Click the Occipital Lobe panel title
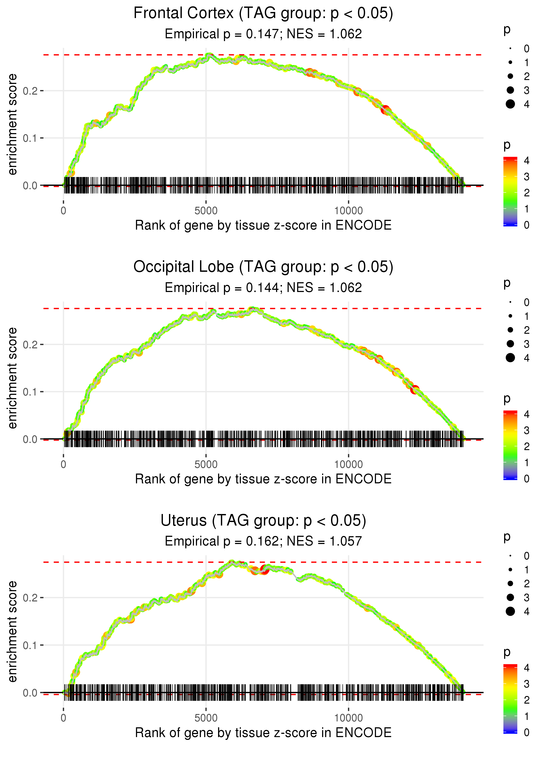click(x=263, y=267)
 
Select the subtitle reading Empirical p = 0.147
click(x=263, y=34)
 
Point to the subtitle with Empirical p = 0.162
click(x=263, y=541)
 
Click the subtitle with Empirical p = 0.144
click(x=263, y=288)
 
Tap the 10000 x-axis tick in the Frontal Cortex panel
click(x=348, y=211)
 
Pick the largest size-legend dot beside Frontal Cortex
click(x=510, y=104)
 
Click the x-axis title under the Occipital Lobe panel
click(x=263, y=479)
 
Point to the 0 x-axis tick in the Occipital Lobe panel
click(x=63, y=464)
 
